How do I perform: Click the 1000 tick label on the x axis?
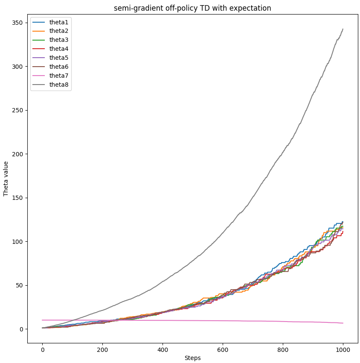tap(343, 350)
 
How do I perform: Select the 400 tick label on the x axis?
tap(163, 350)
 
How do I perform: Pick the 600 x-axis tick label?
tap(223, 350)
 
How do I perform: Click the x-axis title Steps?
tap(192, 358)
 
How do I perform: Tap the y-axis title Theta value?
tap(6, 179)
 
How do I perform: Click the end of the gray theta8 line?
tap(343, 29)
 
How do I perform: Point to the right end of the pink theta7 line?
tap(343, 323)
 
